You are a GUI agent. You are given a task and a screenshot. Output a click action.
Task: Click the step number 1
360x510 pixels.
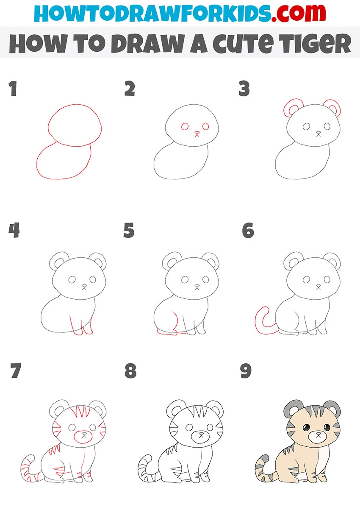click(13, 89)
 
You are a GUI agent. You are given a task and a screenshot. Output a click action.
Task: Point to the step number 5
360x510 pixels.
click(129, 230)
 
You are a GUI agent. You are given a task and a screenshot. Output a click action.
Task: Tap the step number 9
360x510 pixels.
click(246, 371)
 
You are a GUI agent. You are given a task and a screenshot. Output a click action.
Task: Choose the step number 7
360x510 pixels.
click(16, 371)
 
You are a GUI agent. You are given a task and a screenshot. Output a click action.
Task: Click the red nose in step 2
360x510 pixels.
click(197, 134)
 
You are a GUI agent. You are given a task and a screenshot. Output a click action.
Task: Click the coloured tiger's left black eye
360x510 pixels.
click(306, 428)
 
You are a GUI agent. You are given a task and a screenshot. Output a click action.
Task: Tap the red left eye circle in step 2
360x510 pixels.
click(185, 126)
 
